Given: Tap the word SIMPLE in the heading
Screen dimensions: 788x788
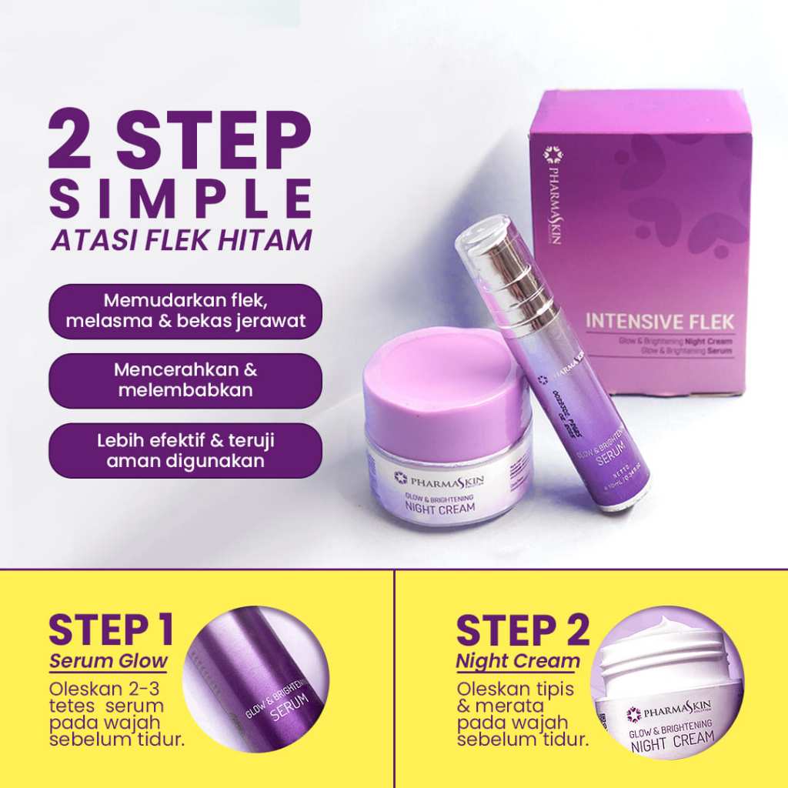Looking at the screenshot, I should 181,199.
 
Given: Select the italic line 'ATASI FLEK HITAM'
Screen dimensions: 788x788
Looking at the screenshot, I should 181,240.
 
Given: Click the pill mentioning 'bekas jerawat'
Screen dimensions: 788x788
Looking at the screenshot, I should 185,312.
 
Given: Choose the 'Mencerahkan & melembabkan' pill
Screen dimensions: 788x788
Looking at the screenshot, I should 185,380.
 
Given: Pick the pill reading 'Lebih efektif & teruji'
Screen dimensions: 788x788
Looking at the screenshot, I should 185,451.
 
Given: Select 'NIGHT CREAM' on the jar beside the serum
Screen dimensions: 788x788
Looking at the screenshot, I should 440,508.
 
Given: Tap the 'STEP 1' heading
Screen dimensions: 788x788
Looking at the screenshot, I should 111,630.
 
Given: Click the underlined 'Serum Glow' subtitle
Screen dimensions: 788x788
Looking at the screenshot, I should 109,661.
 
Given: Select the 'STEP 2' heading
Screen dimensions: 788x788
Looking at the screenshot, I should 523,630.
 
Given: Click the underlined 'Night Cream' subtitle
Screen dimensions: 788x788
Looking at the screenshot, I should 517,661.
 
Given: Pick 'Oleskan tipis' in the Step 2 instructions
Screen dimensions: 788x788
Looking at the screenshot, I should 515,689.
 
